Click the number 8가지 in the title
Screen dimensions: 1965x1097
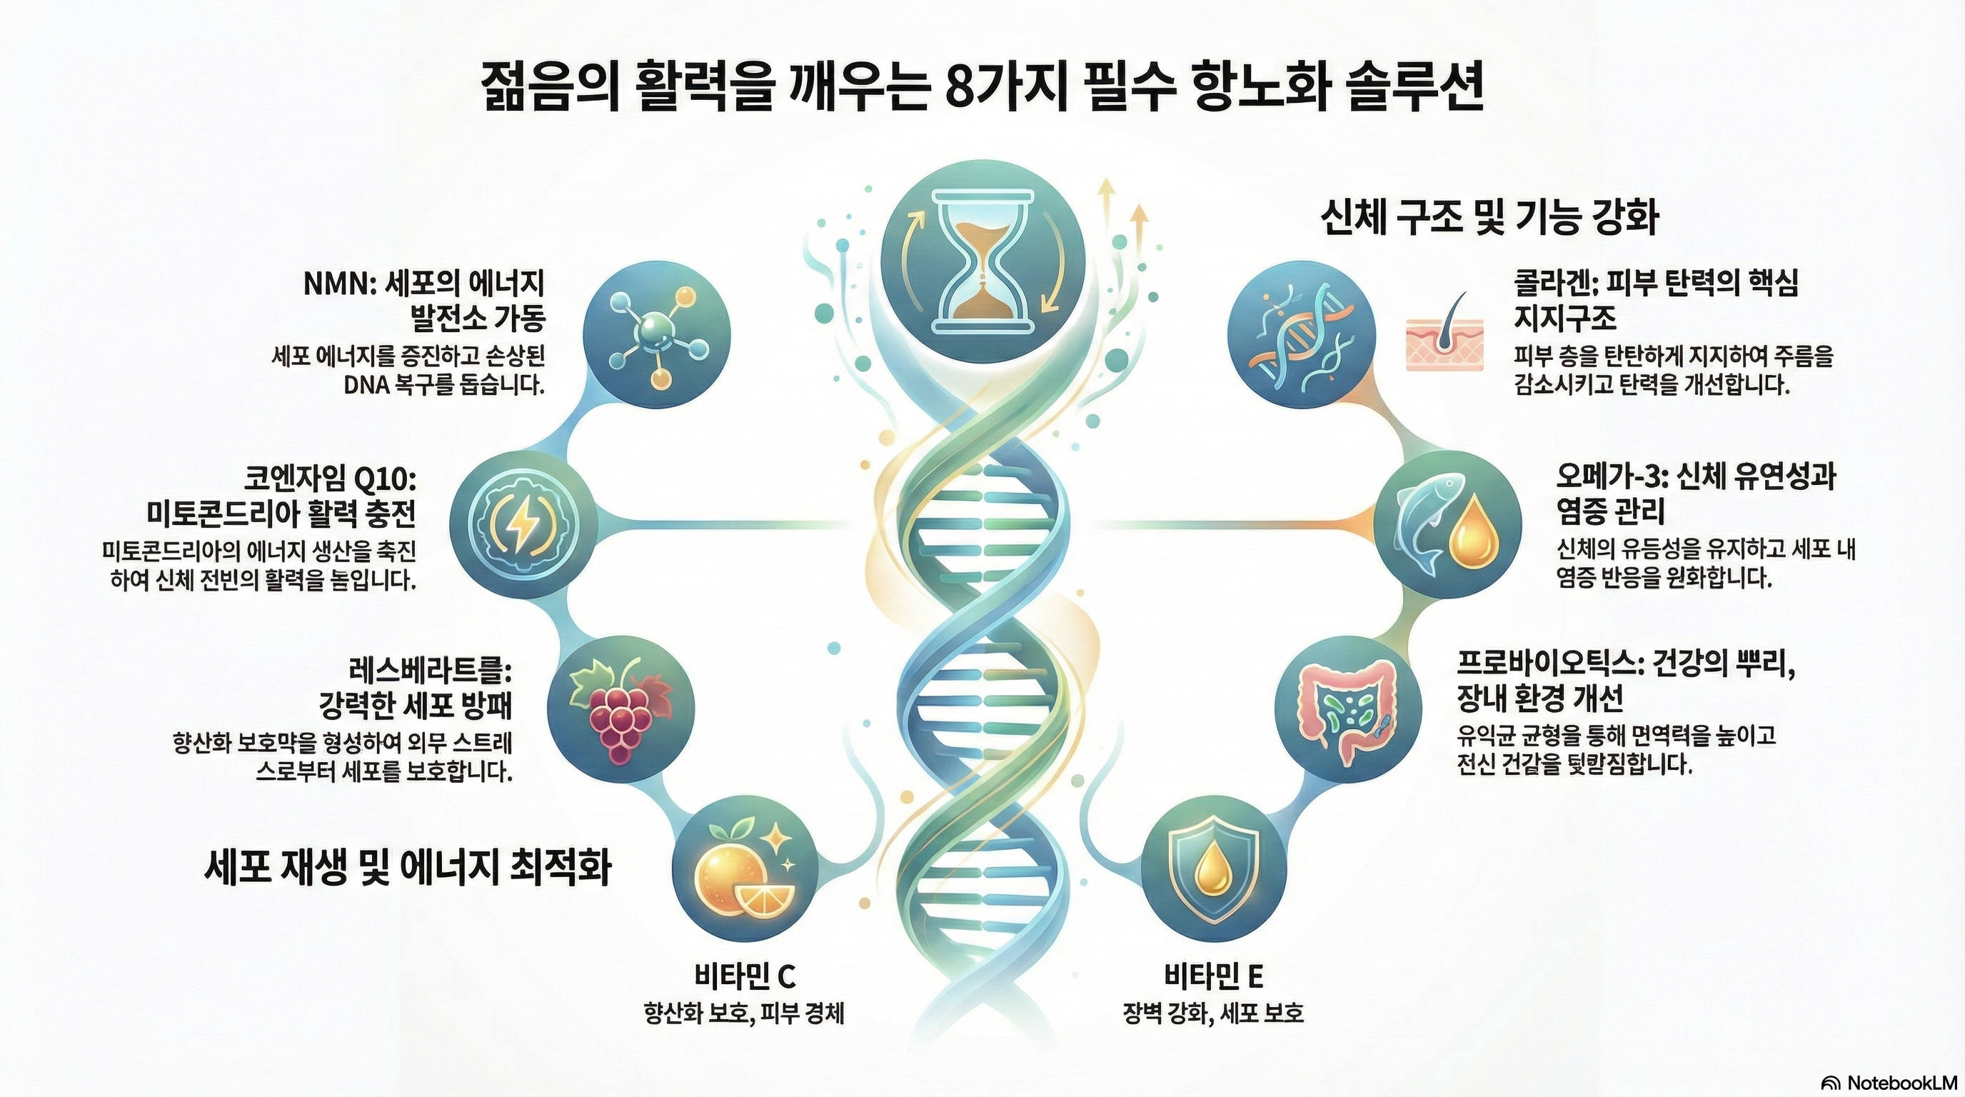click(x=994, y=91)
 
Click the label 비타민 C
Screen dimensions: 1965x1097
click(x=746, y=976)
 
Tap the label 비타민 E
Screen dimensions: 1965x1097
click(x=1214, y=976)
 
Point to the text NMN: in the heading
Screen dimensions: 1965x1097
click(x=336, y=285)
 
